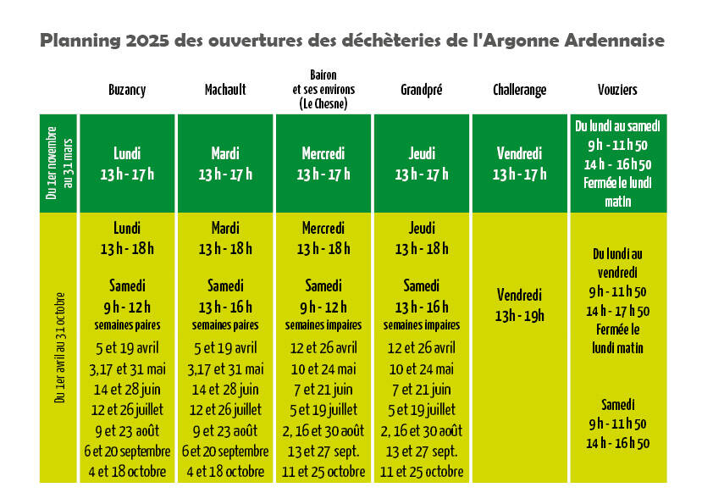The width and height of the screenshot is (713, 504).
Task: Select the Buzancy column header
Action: tap(127, 90)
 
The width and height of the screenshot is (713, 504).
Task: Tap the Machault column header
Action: tap(225, 90)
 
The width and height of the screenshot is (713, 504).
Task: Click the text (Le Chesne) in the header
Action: tap(323, 104)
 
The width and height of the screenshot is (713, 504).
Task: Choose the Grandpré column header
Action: tap(421, 90)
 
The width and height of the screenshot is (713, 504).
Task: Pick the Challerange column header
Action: tap(520, 90)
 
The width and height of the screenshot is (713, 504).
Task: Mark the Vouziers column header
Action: tap(617, 90)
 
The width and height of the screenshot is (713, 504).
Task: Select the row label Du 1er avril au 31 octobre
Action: tap(60, 347)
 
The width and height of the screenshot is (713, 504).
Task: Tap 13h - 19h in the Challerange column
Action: tap(520, 316)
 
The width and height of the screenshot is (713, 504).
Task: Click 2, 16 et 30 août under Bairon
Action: tap(323, 430)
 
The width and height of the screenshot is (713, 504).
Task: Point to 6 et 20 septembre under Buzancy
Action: tap(127, 451)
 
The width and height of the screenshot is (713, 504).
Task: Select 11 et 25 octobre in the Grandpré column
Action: tap(422, 472)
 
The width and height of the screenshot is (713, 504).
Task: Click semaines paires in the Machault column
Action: tap(225, 325)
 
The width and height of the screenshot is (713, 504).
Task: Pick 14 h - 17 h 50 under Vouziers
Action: tap(618, 311)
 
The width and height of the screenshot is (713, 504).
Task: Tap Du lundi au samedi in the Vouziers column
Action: tap(618, 126)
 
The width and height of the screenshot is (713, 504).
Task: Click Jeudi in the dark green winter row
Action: tap(422, 153)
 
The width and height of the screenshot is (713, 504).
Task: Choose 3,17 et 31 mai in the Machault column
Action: tap(225, 368)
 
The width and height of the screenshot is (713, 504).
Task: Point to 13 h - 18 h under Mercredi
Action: tap(323, 249)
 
